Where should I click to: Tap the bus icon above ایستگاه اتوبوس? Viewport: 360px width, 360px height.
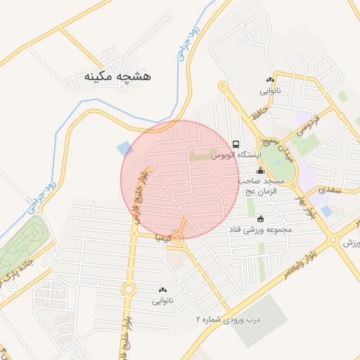(236, 142)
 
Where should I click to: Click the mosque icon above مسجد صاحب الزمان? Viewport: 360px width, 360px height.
(261, 170)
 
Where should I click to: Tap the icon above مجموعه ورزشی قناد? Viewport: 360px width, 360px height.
(262, 218)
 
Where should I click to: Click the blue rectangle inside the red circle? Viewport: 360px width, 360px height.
(124, 149)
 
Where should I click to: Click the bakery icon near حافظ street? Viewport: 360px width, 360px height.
(270, 79)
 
